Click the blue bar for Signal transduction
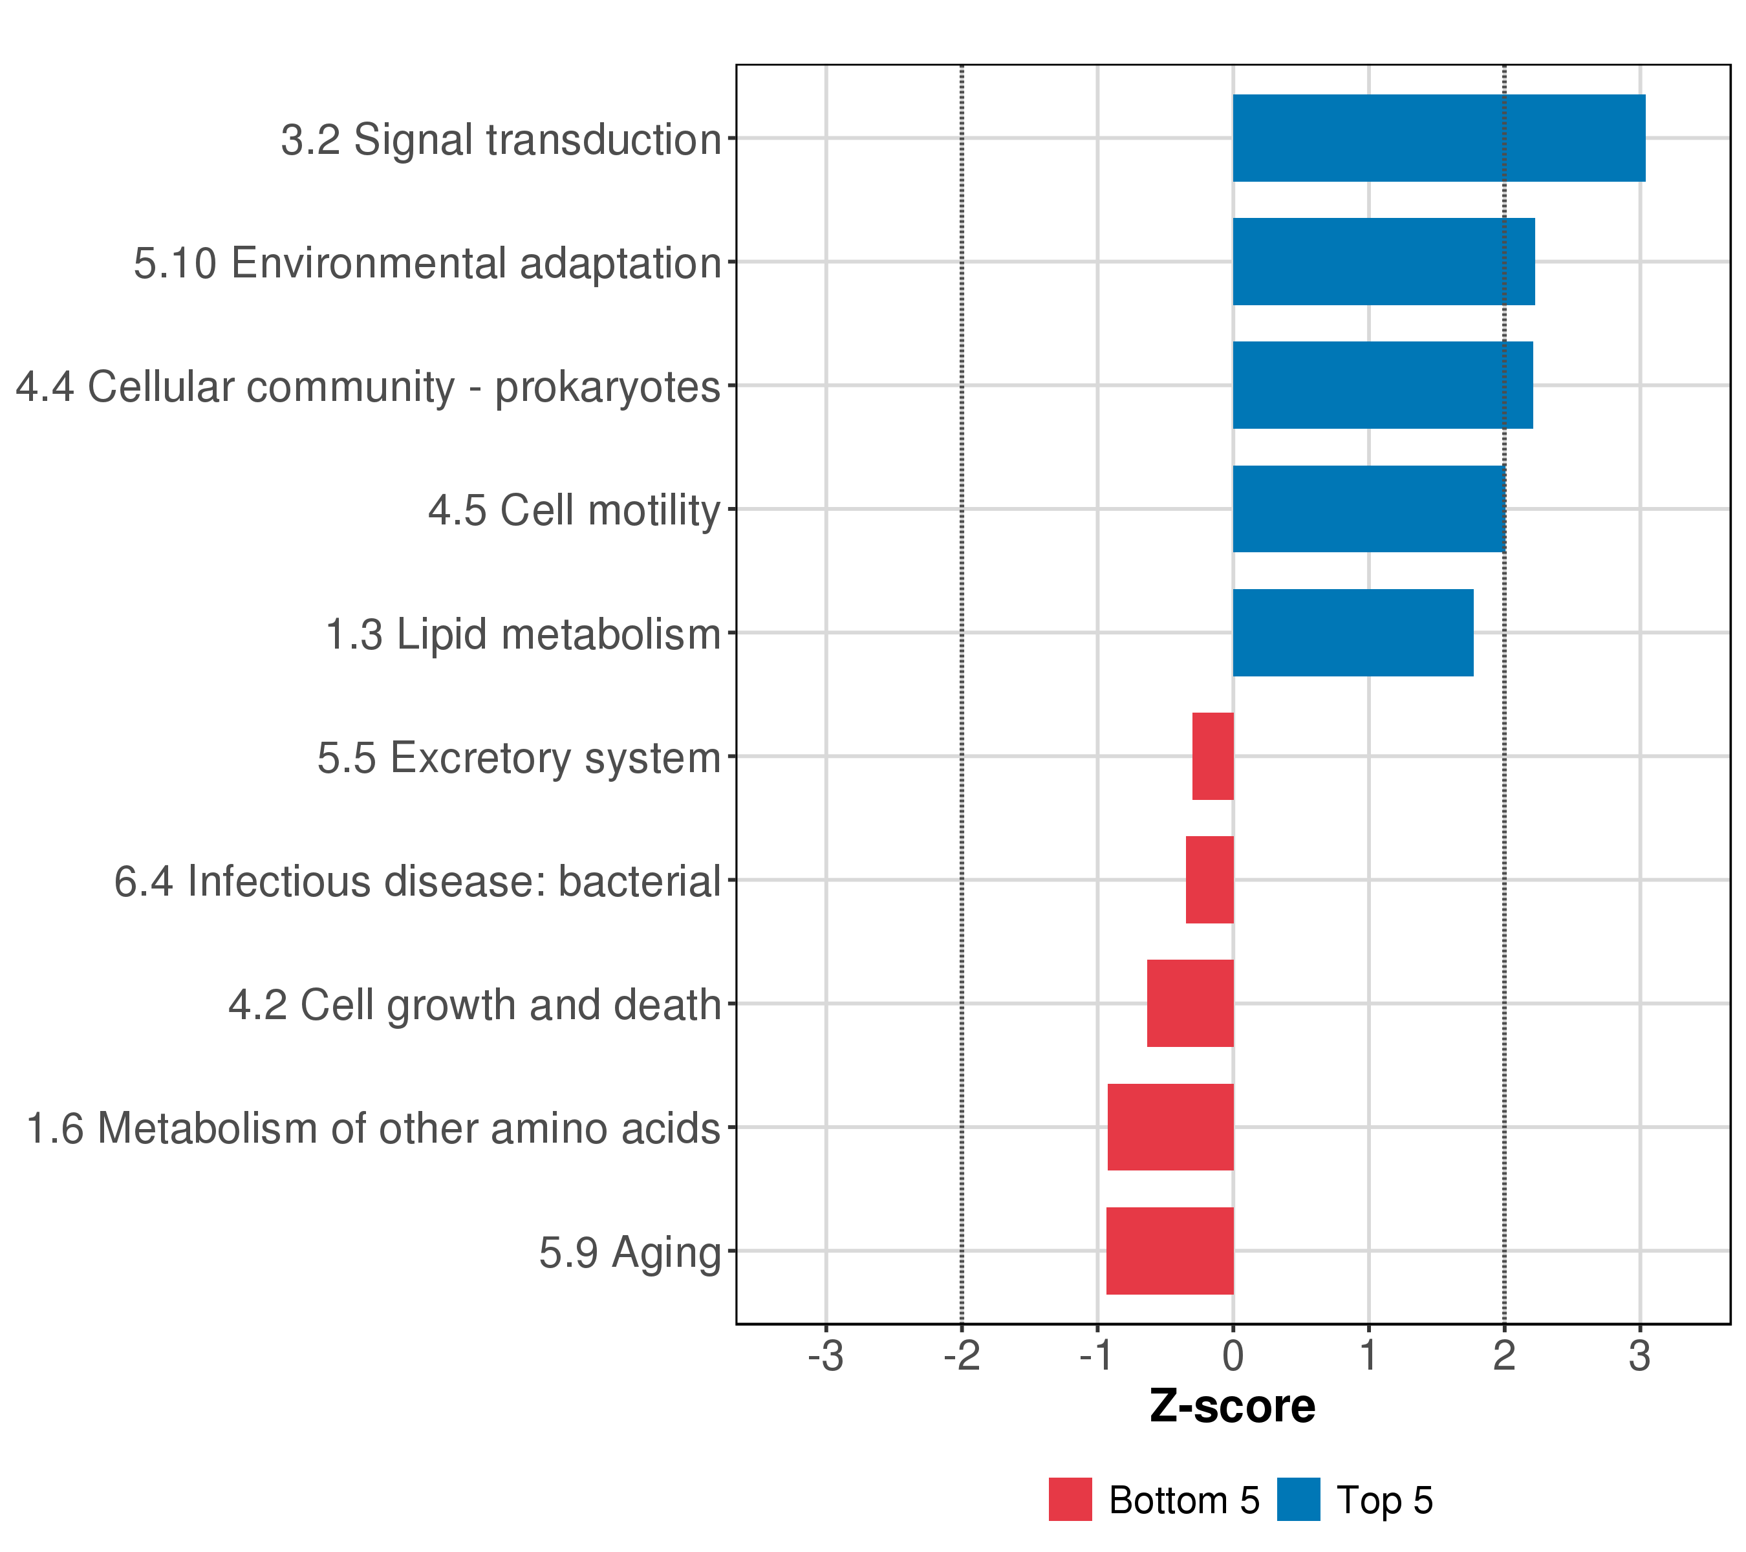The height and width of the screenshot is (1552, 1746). (x=1439, y=138)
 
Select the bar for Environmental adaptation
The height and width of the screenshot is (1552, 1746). (x=1384, y=261)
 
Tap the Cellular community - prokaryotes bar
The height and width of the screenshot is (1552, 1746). (x=1383, y=385)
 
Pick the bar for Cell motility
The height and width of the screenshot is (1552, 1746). (x=1369, y=509)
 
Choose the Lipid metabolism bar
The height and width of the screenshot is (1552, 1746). (x=1353, y=633)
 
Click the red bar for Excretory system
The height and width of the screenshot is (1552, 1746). (x=1213, y=756)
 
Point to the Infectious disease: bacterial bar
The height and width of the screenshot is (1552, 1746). (x=1209, y=879)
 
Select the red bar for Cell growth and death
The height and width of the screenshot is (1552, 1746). (x=1190, y=1004)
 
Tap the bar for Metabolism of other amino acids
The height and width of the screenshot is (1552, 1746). (x=1170, y=1128)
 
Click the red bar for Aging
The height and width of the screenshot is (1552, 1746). (x=1169, y=1251)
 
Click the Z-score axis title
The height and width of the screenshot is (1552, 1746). (x=1233, y=1406)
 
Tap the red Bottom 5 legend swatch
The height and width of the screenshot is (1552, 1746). (x=1070, y=1500)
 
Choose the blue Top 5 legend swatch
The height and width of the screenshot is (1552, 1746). (x=1299, y=1500)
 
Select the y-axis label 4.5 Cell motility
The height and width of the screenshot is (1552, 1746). (x=575, y=512)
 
